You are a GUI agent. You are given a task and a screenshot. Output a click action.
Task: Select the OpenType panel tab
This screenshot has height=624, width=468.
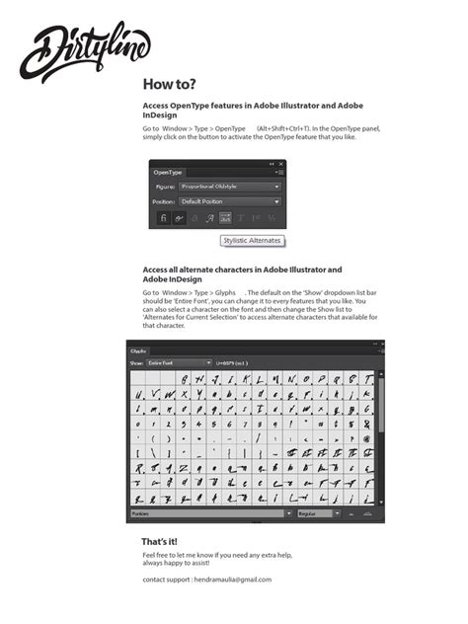point(169,172)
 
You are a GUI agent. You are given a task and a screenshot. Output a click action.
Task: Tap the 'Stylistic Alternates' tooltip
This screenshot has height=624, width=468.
point(252,240)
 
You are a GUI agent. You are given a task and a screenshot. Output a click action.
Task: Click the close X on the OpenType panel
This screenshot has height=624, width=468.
point(280,164)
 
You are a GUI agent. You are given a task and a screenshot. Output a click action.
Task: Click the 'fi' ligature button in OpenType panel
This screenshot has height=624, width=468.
point(162,217)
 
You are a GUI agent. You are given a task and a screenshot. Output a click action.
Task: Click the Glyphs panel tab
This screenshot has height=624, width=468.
point(139,351)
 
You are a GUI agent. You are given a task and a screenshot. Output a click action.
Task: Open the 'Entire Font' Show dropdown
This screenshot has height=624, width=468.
point(180,363)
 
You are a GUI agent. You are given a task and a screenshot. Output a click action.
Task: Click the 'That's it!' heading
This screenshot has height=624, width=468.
point(160,542)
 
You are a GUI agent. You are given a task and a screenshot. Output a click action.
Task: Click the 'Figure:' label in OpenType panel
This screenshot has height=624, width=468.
point(165,187)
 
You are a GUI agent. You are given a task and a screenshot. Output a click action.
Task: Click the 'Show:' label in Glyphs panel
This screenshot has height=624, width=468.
point(137,363)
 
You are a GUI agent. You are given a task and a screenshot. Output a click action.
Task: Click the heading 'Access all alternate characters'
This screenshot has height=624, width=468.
point(242,270)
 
